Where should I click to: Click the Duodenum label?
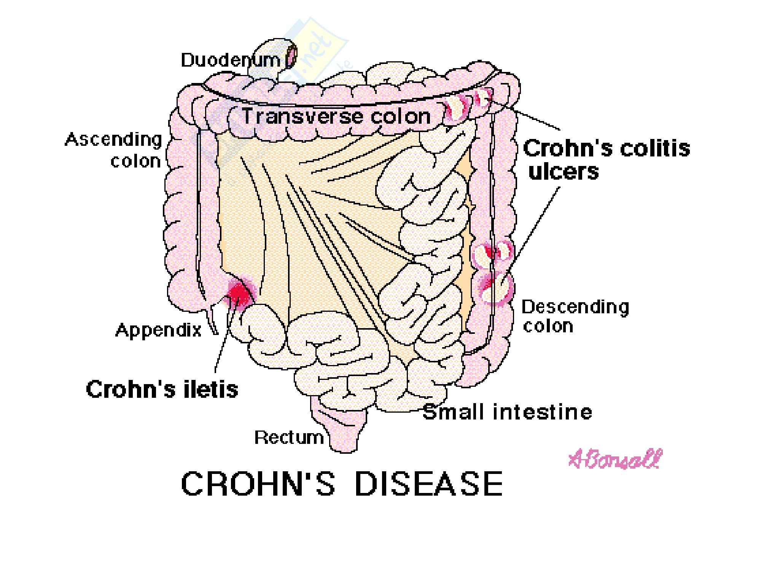point(230,60)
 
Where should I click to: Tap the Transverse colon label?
point(337,116)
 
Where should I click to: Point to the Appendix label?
point(158,330)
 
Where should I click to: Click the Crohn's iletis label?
point(162,389)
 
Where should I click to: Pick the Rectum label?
point(289,438)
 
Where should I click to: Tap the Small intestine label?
point(507,412)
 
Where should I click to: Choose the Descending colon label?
point(575,316)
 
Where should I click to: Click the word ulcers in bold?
point(564,172)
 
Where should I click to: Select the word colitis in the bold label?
point(654,148)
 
